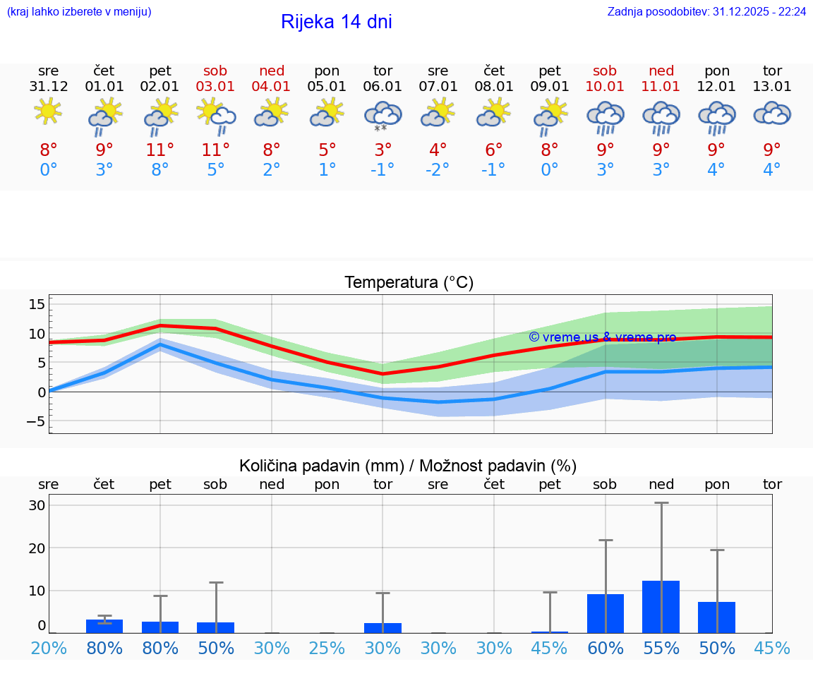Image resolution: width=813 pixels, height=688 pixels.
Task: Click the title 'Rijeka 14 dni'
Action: pyautogui.click(x=336, y=22)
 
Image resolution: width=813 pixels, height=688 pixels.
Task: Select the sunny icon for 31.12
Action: pyautogui.click(x=48, y=112)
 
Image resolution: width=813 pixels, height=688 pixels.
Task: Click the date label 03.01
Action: pyautogui.click(x=216, y=87)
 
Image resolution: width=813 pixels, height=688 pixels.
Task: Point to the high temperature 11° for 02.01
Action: pyautogui.click(x=160, y=150)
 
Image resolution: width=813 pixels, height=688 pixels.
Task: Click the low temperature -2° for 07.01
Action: pyautogui.click(x=438, y=170)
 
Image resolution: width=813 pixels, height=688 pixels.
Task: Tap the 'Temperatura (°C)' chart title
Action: pyautogui.click(x=409, y=283)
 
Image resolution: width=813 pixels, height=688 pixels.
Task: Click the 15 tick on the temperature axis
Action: pyautogui.click(x=37, y=304)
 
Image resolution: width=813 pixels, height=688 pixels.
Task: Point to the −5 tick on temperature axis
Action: pyautogui.click(x=34, y=421)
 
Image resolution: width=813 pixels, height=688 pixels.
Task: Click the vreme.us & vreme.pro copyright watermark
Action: pyautogui.click(x=602, y=337)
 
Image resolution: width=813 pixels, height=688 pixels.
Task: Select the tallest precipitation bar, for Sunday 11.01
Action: pyautogui.click(x=661, y=607)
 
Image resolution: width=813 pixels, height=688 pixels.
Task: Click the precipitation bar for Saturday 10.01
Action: pyautogui.click(x=606, y=613)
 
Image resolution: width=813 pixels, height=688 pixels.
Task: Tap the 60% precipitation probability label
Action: pyautogui.click(x=606, y=648)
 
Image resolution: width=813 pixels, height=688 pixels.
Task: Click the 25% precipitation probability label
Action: pyautogui.click(x=327, y=648)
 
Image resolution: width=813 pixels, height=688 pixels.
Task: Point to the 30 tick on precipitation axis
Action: pyautogui.click(x=37, y=505)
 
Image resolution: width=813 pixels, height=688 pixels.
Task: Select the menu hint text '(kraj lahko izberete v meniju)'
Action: pyautogui.click(x=78, y=12)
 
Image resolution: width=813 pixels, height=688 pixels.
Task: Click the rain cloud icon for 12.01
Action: pyautogui.click(x=717, y=117)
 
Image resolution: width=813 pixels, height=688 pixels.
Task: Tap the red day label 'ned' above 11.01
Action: pyautogui.click(x=661, y=71)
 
